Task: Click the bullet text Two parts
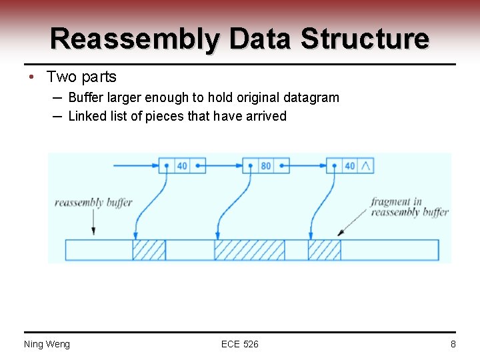(81, 77)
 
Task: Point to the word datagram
(311, 97)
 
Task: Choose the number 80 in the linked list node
(266, 165)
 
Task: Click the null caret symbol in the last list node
(365, 165)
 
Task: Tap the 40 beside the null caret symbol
(349, 165)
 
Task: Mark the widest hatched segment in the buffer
(249, 250)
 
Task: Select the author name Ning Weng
(47, 344)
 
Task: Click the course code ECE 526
(240, 344)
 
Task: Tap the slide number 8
(453, 344)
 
